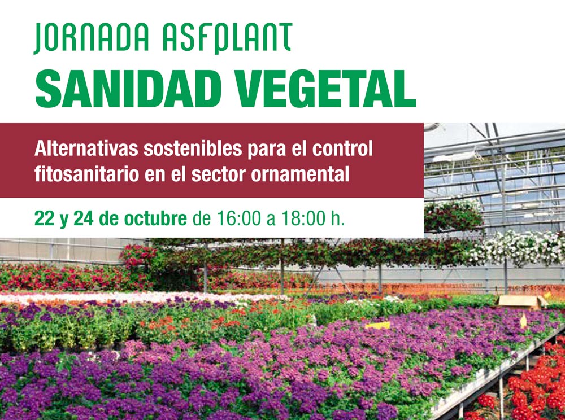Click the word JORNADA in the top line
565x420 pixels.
point(92,38)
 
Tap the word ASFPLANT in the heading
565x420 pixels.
point(227,38)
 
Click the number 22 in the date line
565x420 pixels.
point(44,218)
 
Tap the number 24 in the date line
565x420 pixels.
point(84,218)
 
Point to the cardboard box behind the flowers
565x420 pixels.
point(522,301)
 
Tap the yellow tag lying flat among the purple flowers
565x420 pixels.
point(377,325)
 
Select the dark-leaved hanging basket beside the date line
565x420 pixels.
point(453,216)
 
